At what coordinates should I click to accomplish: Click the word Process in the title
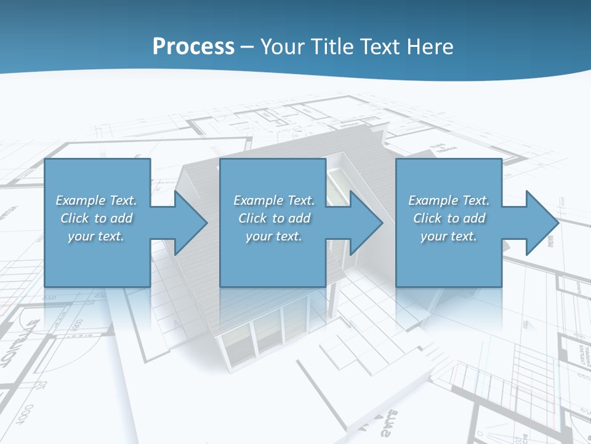[193, 47]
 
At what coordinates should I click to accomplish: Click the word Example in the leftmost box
[81, 200]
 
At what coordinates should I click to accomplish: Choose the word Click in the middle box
[252, 218]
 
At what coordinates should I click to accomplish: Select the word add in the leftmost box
[122, 218]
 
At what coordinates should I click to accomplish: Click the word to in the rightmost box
[454, 218]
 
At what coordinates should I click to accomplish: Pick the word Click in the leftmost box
[74, 218]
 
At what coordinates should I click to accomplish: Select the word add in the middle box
[300, 218]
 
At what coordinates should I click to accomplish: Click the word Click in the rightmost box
[427, 218]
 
